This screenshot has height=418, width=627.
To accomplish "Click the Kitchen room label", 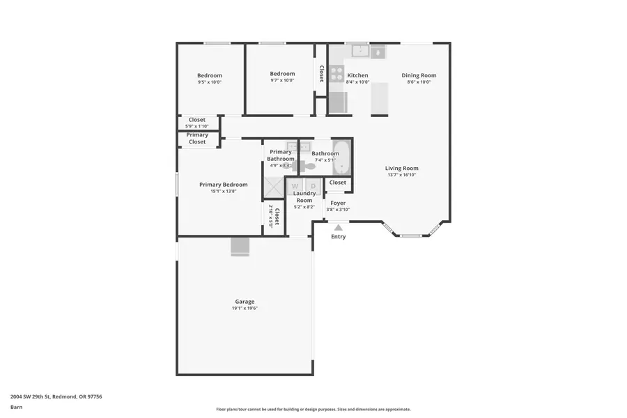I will pos(357,75).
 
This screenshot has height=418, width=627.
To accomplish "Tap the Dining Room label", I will pos(419,75).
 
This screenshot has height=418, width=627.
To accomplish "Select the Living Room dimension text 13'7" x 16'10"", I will pos(402,175).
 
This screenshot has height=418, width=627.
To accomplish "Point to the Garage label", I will pos(245,302).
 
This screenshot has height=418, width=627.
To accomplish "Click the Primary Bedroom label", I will pos(223,185).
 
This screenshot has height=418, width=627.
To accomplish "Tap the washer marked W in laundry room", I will pos(295,186).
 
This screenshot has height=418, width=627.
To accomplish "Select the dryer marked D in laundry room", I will pos(313,186).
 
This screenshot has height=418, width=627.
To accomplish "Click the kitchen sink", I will pos(360,51).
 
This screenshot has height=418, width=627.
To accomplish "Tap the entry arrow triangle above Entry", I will pos(338,226).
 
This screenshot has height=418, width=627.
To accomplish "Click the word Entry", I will pos(338,237).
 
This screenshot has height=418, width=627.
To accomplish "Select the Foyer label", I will pos(338,203).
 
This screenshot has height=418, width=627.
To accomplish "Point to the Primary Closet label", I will pos(197,138).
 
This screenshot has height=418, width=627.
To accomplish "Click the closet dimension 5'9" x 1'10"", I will pos(196,126).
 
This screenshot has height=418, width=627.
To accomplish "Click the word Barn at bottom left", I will pos(16,407).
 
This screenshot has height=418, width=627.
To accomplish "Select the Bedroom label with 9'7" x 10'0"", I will pos(282,74).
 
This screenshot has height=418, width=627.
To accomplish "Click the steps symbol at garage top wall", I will pos(240,247).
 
